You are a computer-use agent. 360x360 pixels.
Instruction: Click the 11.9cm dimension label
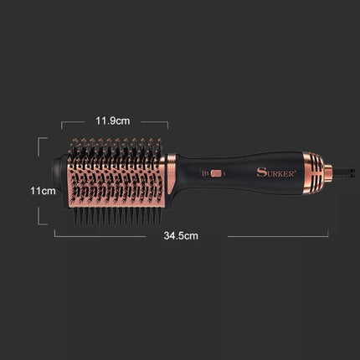(x=113, y=121)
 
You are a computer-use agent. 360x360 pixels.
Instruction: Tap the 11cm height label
(x=43, y=191)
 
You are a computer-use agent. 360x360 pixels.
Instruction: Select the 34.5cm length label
(x=181, y=236)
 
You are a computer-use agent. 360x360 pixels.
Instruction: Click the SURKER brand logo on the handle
(x=276, y=172)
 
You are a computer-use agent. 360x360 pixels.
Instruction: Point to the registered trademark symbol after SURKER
(x=295, y=170)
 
